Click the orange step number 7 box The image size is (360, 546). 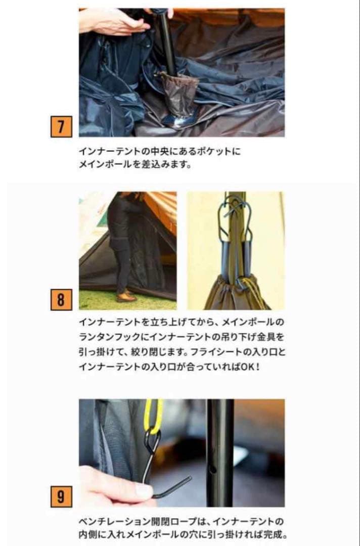[x=61, y=126]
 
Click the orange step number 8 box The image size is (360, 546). [x=61, y=300]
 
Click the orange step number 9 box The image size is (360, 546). [x=61, y=497]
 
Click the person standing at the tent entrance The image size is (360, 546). [x=121, y=243]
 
